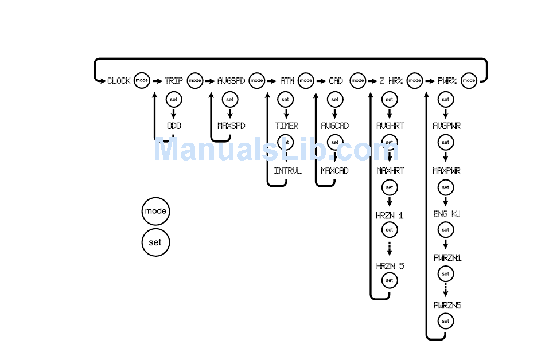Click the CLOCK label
(x=119, y=81)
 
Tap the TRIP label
(x=173, y=81)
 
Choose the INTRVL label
(x=287, y=171)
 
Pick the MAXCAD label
(x=334, y=171)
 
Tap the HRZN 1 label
(x=390, y=216)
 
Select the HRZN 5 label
(x=390, y=266)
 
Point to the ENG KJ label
(x=446, y=214)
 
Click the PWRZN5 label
(x=447, y=306)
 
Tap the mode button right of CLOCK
(x=142, y=81)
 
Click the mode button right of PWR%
(x=469, y=81)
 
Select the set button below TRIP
(x=173, y=99)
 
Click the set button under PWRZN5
(x=445, y=322)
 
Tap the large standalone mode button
(x=155, y=211)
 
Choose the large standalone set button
(x=155, y=242)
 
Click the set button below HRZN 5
(x=390, y=280)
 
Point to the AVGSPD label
(x=231, y=81)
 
